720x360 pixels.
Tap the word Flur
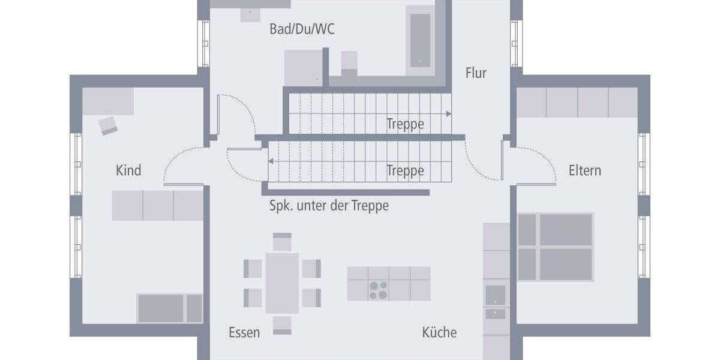(x=476, y=73)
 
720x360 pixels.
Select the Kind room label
(x=128, y=170)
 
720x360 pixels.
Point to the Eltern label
(x=584, y=170)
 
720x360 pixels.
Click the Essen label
(x=244, y=332)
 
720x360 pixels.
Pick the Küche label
(x=439, y=332)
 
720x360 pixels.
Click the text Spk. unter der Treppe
(x=329, y=206)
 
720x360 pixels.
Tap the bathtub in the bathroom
(x=420, y=39)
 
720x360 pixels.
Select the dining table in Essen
(x=282, y=283)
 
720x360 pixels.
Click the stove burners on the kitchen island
(x=378, y=290)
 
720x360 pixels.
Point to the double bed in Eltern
(x=555, y=247)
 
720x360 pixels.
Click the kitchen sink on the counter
(x=495, y=295)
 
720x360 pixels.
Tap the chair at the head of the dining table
(x=282, y=242)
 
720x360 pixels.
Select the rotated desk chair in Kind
(x=109, y=125)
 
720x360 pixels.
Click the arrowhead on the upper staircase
(x=449, y=113)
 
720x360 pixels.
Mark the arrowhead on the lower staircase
(x=271, y=161)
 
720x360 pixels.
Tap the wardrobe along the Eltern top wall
(x=577, y=102)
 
